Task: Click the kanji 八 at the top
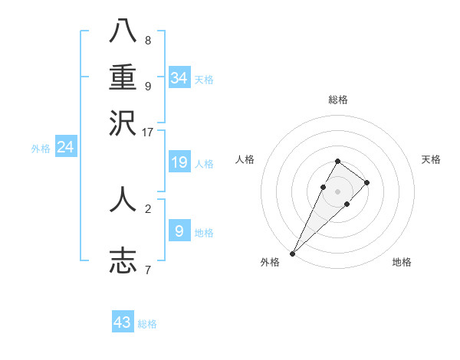point(123,31)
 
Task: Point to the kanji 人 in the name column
point(123,198)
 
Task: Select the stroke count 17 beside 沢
point(148,132)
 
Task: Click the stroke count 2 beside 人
point(147,208)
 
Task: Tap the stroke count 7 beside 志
point(147,270)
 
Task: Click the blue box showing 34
point(179,78)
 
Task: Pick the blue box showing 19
point(179,162)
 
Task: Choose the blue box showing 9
point(179,231)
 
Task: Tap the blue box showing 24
point(66,147)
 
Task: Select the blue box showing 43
point(123,322)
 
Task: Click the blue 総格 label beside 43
point(147,324)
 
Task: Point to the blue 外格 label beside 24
point(41,149)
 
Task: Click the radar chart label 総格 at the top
point(337,100)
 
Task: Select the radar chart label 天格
point(431,159)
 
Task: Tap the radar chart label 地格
point(402,262)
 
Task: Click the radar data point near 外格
point(293,253)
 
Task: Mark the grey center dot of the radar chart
point(337,191)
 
